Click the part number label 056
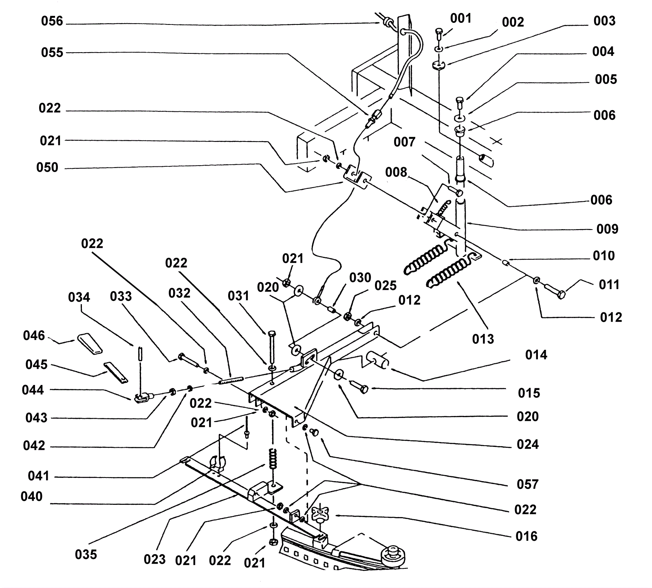pyautogui.click(x=52, y=21)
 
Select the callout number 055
pyautogui.click(x=52, y=53)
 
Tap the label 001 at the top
pyautogui.click(x=460, y=18)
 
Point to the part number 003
pyautogui.click(x=604, y=21)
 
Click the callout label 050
pyautogui.click(x=47, y=168)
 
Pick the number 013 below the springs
pyautogui.click(x=483, y=338)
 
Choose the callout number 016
pyautogui.click(x=526, y=536)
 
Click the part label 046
pyautogui.click(x=34, y=336)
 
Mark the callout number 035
pyautogui.click(x=86, y=554)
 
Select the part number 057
pyautogui.click(x=527, y=484)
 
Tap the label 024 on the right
pyautogui.click(x=528, y=444)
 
